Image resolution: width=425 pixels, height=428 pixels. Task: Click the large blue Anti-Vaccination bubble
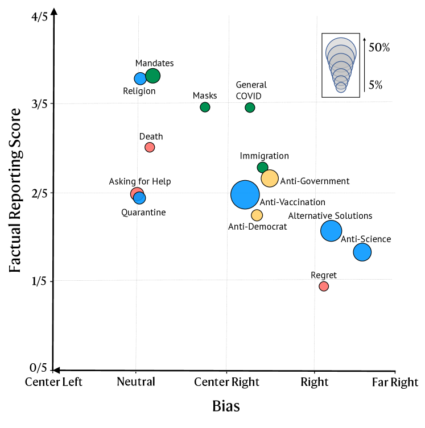(245, 194)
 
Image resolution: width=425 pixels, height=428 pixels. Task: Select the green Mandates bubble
(152, 76)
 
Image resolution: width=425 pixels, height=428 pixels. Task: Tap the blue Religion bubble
(141, 78)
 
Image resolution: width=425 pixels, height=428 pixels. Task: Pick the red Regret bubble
(324, 286)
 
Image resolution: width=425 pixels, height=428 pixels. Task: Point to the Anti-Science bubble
(362, 252)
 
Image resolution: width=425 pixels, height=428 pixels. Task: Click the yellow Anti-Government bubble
(269, 178)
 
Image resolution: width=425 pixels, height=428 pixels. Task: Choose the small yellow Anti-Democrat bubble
(257, 215)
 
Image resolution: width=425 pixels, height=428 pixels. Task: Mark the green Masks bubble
(205, 107)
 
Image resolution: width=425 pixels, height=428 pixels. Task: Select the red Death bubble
(150, 147)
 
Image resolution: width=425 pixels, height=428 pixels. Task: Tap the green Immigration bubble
(262, 167)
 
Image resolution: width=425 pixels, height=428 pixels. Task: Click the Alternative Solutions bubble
(331, 231)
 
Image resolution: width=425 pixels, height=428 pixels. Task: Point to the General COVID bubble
(250, 107)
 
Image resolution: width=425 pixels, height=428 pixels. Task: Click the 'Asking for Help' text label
(140, 182)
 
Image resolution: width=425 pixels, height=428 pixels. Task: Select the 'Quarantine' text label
(143, 213)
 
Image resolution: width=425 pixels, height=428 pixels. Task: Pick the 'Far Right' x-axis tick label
(395, 382)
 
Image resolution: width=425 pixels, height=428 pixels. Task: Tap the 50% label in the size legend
(379, 48)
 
